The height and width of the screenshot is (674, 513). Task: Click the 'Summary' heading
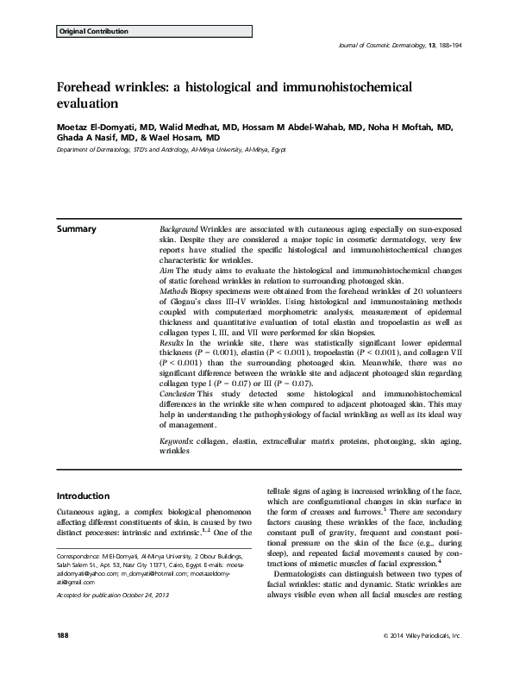(x=76, y=229)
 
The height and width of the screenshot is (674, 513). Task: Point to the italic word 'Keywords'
(x=177, y=441)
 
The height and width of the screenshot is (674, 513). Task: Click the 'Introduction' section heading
(x=87, y=496)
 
